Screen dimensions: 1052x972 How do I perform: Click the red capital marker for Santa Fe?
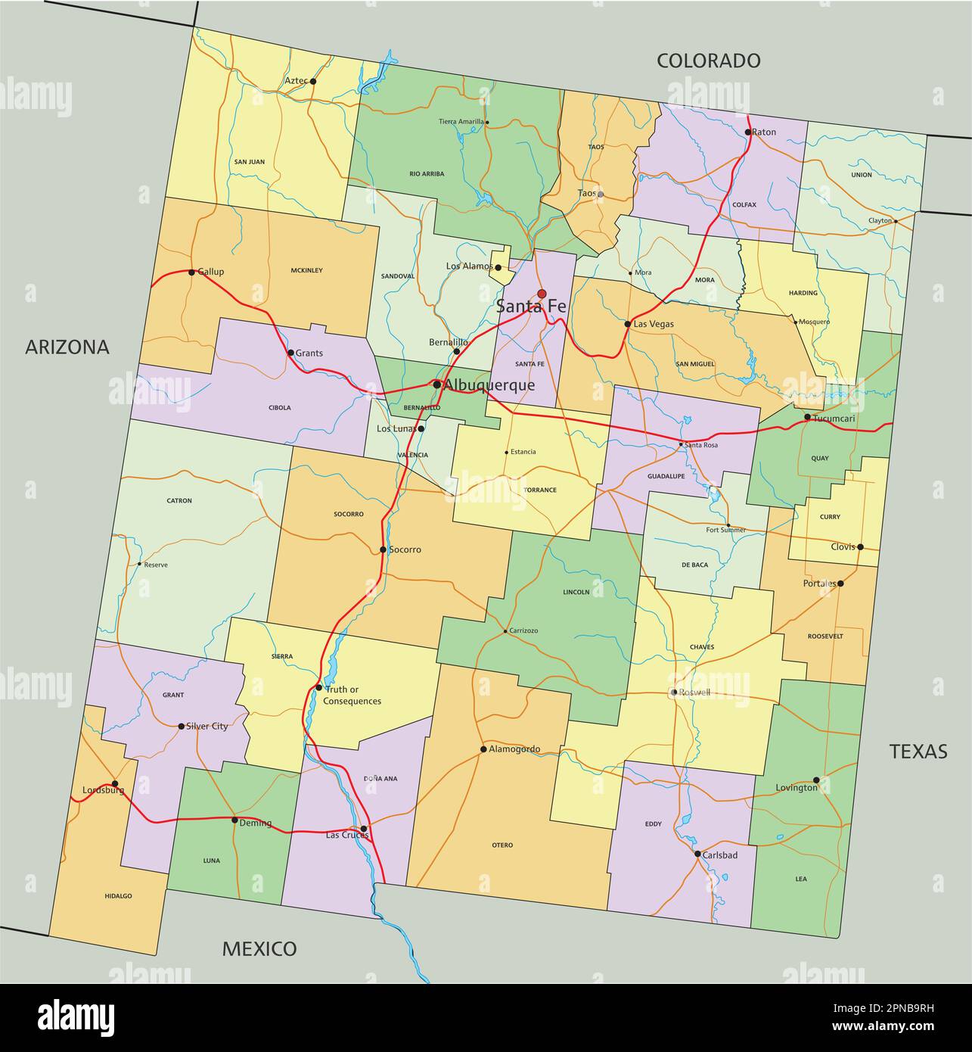point(542,294)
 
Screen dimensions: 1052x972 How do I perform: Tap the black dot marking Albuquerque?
point(436,384)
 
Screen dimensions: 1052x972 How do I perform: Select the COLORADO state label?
point(708,61)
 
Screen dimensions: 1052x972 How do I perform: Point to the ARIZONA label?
point(67,347)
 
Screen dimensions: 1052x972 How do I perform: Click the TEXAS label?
point(918,751)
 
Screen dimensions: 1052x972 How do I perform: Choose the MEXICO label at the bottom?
point(259,948)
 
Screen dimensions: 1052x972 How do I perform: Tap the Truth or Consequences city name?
point(352,695)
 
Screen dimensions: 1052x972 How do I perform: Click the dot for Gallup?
point(191,272)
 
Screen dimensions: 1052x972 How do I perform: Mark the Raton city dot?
point(747,132)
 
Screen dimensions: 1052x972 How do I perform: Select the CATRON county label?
point(179,500)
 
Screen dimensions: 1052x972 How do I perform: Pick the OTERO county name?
point(502,845)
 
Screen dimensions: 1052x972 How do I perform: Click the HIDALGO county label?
point(118,895)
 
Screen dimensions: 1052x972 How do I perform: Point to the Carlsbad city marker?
point(697,854)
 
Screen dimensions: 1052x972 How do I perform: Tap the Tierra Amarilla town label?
point(461,122)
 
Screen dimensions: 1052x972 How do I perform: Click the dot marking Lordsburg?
point(115,784)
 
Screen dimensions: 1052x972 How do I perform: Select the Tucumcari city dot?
point(807,417)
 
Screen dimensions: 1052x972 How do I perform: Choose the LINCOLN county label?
point(576,592)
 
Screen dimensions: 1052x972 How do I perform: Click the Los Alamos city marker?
point(498,267)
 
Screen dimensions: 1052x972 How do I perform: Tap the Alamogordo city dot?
point(483,749)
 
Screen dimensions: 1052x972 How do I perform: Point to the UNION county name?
point(861,175)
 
